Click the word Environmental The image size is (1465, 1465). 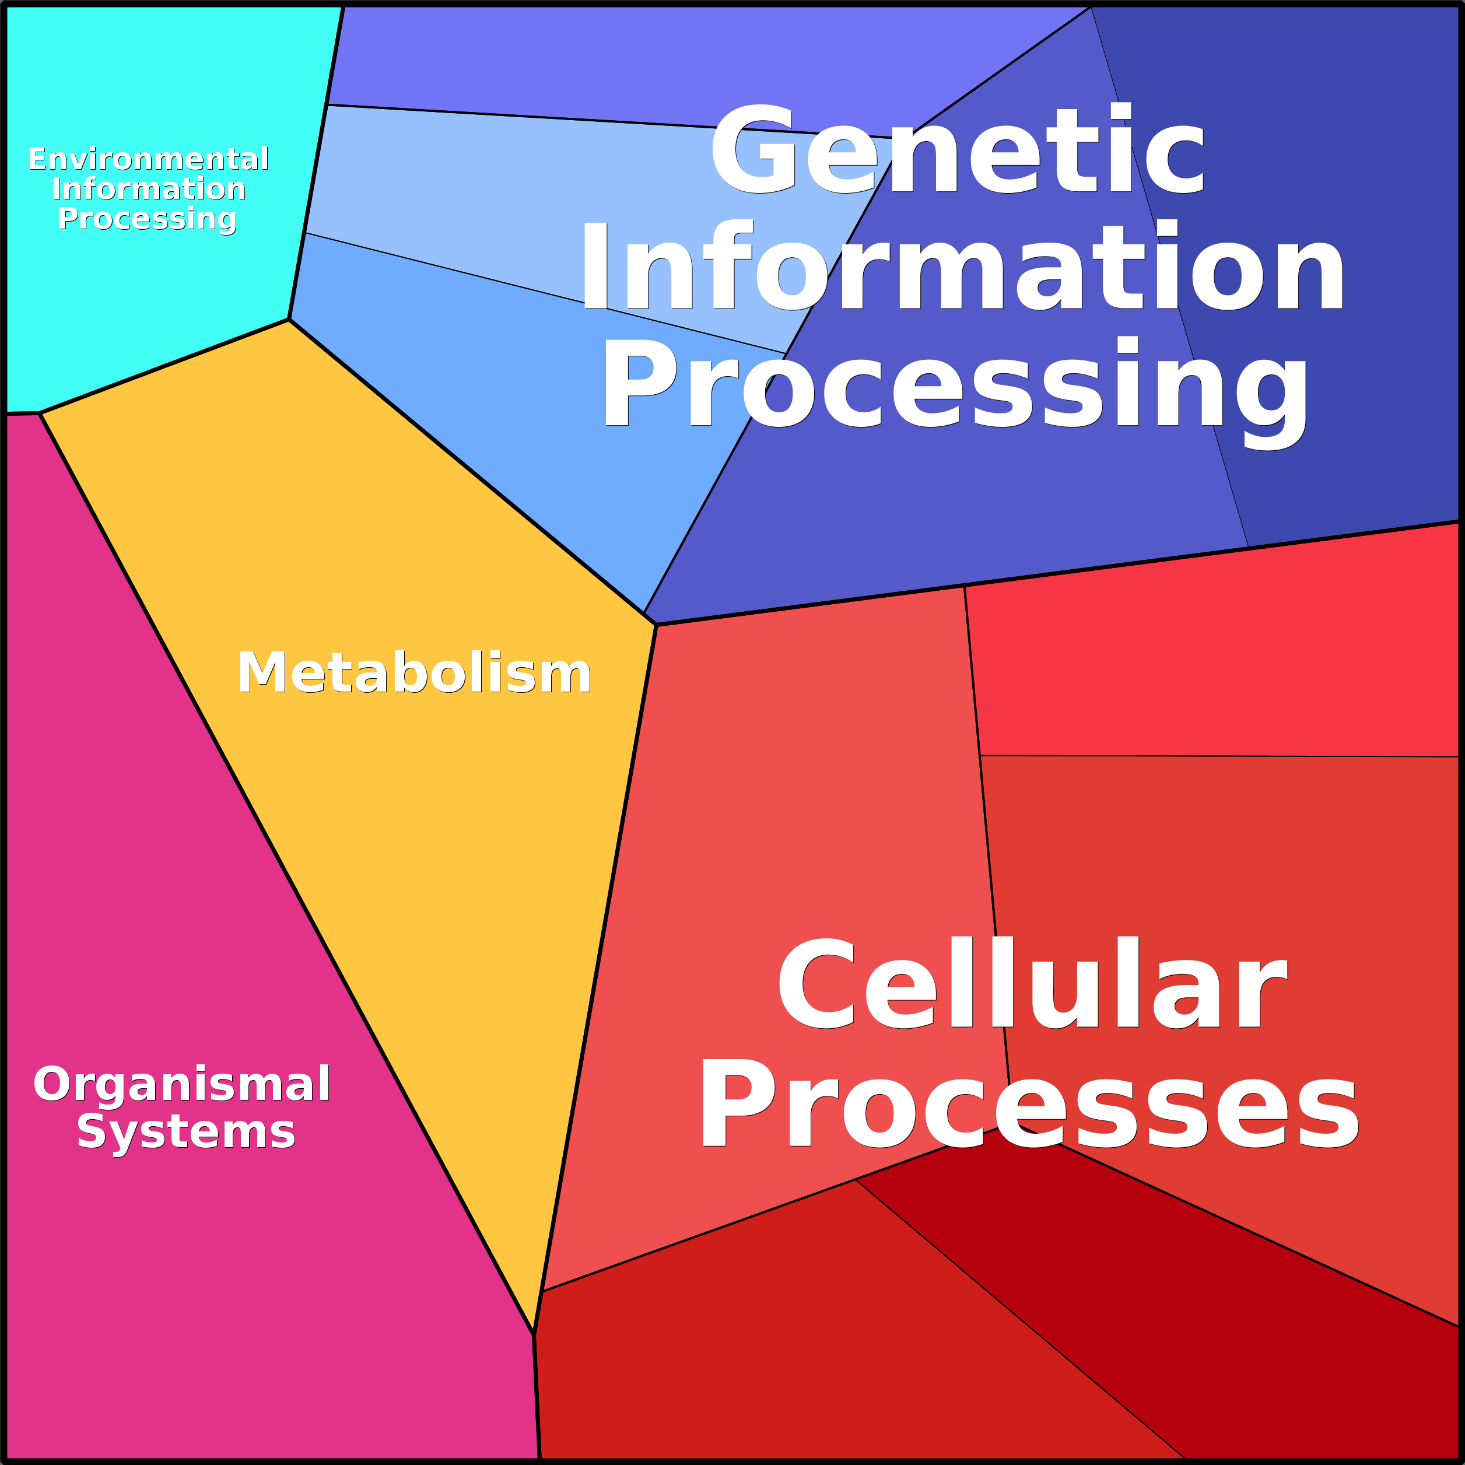[x=149, y=159]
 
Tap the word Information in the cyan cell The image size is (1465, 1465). [x=149, y=189]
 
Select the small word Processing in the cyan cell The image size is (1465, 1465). [x=148, y=219]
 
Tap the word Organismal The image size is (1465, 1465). [x=182, y=1084]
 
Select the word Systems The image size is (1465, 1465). [x=186, y=1132]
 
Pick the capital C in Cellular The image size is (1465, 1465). [x=816, y=983]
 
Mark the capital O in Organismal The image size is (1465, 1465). [x=52, y=1084]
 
